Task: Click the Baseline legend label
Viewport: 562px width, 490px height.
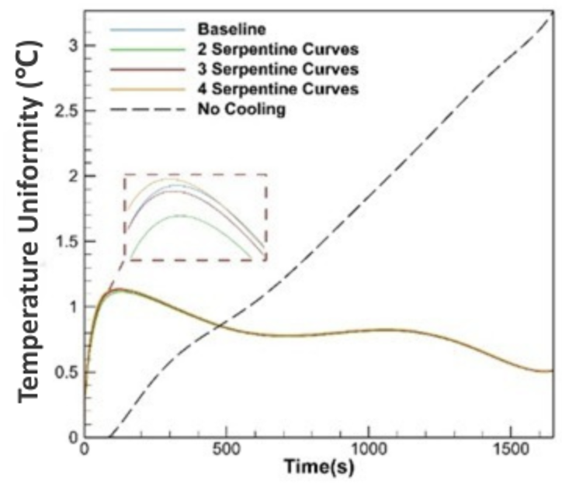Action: tap(231, 29)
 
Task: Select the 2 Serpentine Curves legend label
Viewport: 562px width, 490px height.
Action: tap(278, 49)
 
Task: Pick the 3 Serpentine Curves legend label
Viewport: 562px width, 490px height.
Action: tap(278, 69)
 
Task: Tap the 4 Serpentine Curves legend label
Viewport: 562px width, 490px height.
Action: tap(278, 88)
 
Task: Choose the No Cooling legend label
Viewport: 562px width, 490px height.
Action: tap(241, 109)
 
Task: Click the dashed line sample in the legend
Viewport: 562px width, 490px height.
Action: tap(147, 109)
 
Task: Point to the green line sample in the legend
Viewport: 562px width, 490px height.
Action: tap(147, 50)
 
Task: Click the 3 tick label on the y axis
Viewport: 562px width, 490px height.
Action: tap(73, 46)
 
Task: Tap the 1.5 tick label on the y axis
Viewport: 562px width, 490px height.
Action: tap(67, 241)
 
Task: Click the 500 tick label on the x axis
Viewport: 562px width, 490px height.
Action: tap(226, 450)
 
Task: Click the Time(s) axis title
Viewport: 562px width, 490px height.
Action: tap(318, 467)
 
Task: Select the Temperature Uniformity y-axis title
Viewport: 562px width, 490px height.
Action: tap(29, 222)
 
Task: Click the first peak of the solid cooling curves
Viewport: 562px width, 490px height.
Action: tap(118, 289)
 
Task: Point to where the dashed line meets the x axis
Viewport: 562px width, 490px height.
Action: tap(109, 437)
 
